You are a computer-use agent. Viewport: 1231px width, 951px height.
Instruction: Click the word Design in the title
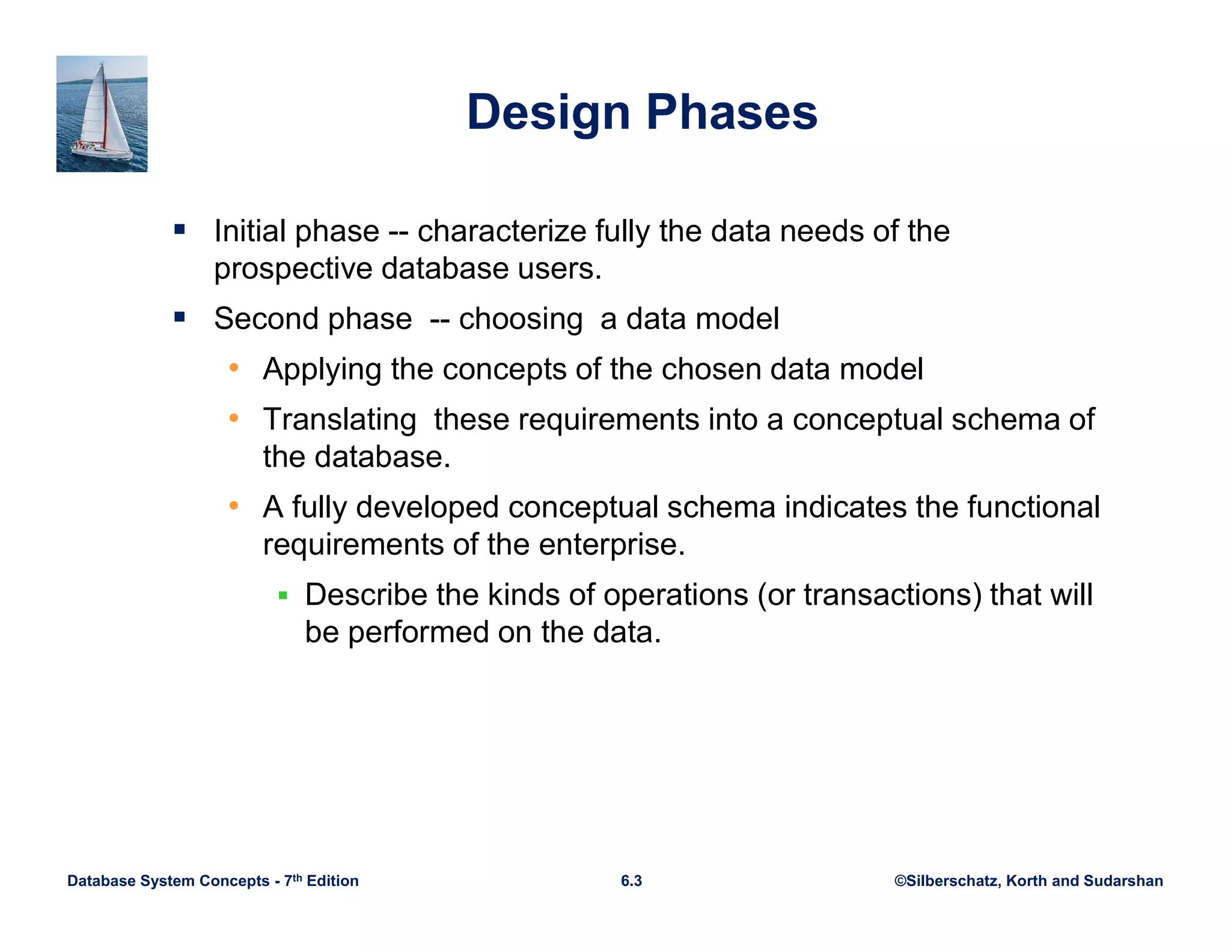coord(548,112)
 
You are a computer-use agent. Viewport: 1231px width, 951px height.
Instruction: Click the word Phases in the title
coord(732,112)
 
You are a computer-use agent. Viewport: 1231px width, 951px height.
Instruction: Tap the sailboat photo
coord(102,114)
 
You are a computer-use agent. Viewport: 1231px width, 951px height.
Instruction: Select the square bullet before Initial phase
coord(180,229)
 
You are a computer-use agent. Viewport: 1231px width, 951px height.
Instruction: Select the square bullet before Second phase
coord(180,317)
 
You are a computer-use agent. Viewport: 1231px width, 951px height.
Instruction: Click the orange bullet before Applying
coord(234,367)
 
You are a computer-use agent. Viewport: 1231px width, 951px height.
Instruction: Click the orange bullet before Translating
coord(234,417)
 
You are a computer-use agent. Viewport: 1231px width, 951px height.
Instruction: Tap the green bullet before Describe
coord(283,596)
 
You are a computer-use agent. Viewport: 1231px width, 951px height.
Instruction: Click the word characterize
coord(502,231)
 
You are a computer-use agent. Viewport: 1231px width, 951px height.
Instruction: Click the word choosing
coord(521,319)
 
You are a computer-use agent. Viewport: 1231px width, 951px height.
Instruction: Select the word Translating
coord(340,420)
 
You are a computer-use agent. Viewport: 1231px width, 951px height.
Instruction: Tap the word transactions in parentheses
coord(892,595)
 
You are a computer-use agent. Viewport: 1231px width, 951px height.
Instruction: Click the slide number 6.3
coord(631,881)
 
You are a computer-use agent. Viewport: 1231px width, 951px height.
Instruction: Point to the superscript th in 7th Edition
coord(297,877)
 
